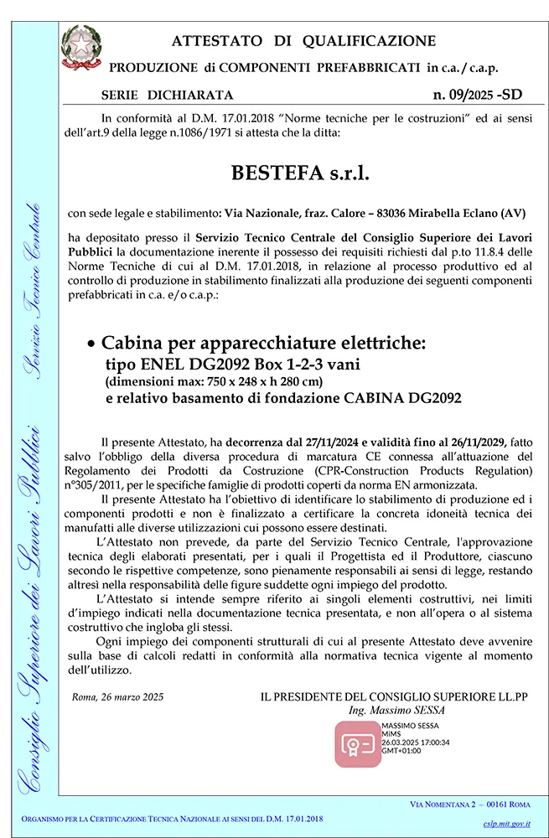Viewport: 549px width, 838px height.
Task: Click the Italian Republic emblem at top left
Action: tap(82, 49)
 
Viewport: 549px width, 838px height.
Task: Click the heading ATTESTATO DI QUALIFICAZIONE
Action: tap(303, 41)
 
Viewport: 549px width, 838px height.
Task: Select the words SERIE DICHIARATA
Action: tap(167, 96)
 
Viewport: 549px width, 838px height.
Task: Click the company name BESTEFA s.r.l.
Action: tap(299, 174)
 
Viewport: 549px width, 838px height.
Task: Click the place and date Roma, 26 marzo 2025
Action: tap(117, 696)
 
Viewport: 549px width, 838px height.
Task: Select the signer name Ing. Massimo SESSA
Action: tap(397, 710)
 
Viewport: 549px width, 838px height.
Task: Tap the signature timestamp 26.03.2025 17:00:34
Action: tap(415, 742)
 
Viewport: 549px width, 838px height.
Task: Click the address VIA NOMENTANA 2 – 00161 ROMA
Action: tap(469, 804)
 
